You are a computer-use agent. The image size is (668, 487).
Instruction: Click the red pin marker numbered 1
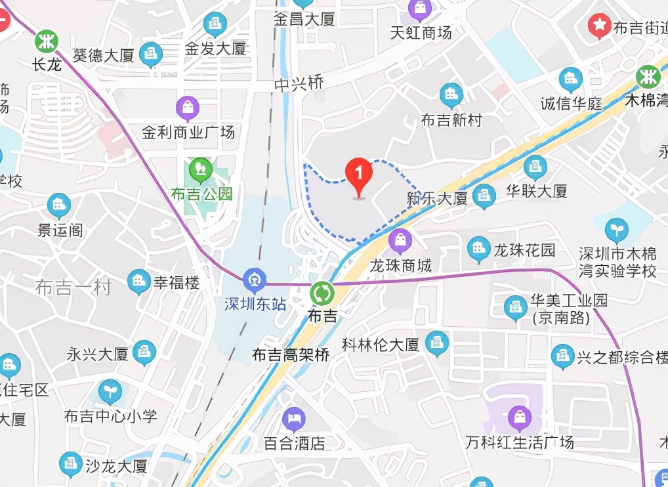[x=359, y=175]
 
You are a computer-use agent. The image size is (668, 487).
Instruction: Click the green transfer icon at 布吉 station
[x=322, y=292]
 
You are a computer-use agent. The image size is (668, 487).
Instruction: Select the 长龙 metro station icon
[x=47, y=41]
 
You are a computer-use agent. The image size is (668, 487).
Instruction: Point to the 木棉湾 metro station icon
[x=648, y=77]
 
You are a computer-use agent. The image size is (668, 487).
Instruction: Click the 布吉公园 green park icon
[x=200, y=170]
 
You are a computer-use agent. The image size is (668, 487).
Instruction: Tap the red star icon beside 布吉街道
[x=598, y=26]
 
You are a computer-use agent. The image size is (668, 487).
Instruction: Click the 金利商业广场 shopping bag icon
[x=188, y=107]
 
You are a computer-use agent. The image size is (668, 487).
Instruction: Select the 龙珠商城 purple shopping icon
[x=400, y=241]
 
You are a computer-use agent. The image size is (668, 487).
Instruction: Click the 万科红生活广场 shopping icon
[x=519, y=416]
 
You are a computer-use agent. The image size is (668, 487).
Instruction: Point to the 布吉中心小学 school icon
[x=110, y=391]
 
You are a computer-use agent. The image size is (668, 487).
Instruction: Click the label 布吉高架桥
[x=291, y=355]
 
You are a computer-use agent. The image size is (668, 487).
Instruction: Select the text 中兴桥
[x=299, y=84]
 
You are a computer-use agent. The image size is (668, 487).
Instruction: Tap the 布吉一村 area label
[x=73, y=287]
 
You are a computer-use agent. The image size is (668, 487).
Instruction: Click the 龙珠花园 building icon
[x=478, y=249]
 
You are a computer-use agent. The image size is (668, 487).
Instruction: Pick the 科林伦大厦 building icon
[x=436, y=343]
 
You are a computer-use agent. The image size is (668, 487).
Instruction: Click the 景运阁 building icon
[x=59, y=205]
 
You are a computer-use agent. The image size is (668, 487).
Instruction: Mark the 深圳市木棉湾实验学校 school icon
[x=616, y=230]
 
